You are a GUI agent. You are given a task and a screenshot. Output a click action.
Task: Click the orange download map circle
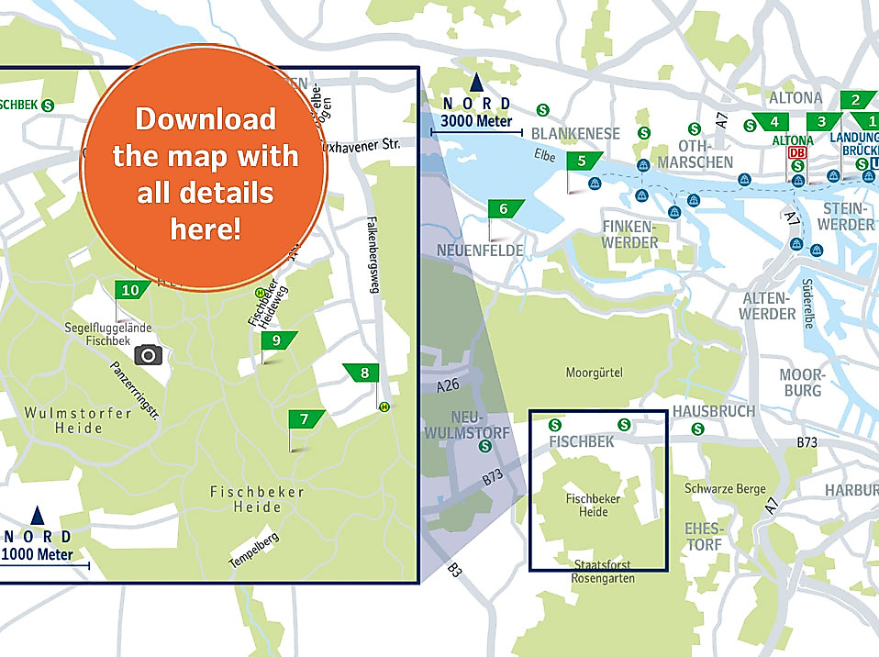[205, 167]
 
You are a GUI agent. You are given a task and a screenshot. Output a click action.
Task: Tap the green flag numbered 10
[131, 290]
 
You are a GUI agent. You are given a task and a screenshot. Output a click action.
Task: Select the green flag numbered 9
[276, 340]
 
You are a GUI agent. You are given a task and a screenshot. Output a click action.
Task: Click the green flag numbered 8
[363, 373]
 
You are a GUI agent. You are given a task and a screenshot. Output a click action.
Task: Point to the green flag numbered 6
[504, 209]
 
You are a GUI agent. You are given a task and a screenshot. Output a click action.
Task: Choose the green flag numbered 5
[584, 161]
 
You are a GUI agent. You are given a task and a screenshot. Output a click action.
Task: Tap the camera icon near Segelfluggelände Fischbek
[148, 354]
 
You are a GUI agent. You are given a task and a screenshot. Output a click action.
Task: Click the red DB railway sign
[797, 153]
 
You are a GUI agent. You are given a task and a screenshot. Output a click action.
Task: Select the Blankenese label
[576, 133]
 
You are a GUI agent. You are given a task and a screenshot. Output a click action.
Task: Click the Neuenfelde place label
[480, 251]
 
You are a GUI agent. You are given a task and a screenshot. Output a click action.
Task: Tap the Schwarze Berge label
[725, 489]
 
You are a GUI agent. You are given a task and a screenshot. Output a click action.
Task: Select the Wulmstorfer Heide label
[78, 420]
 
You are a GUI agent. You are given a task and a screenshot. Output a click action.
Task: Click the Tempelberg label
[253, 550]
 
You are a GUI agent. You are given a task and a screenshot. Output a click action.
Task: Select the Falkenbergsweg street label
[373, 256]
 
